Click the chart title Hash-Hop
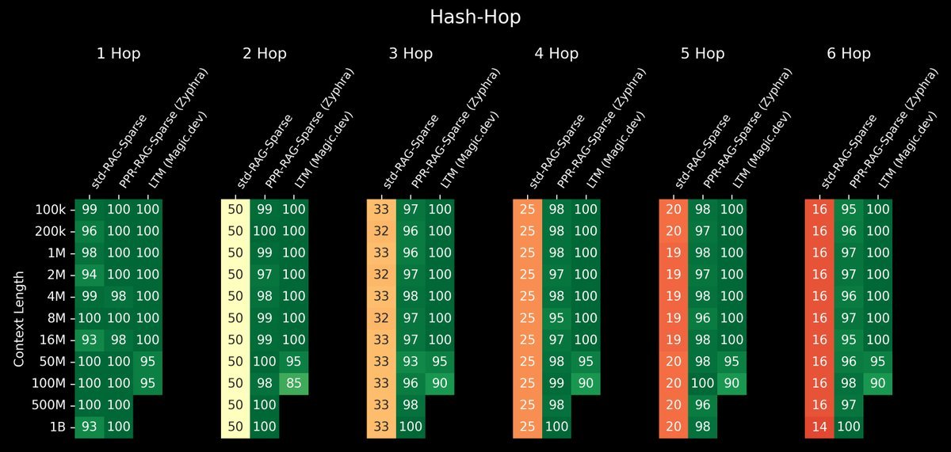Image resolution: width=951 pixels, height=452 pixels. coord(475,17)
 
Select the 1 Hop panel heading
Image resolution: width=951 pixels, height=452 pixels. coord(119,54)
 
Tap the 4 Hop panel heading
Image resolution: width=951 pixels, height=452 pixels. coord(556,54)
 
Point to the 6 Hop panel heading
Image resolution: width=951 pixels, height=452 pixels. coord(848,54)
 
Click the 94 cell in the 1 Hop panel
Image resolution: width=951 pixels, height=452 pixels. coord(90,275)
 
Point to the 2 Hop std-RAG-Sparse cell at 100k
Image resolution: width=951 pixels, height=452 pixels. coord(235,210)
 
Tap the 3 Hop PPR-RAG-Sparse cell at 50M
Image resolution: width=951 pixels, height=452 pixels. coord(411,362)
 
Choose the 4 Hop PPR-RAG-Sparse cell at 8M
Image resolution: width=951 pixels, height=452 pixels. coord(556,318)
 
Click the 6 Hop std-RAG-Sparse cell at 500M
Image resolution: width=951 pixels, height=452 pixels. coord(819,405)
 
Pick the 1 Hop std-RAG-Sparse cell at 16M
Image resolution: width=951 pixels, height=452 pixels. coord(90,340)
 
